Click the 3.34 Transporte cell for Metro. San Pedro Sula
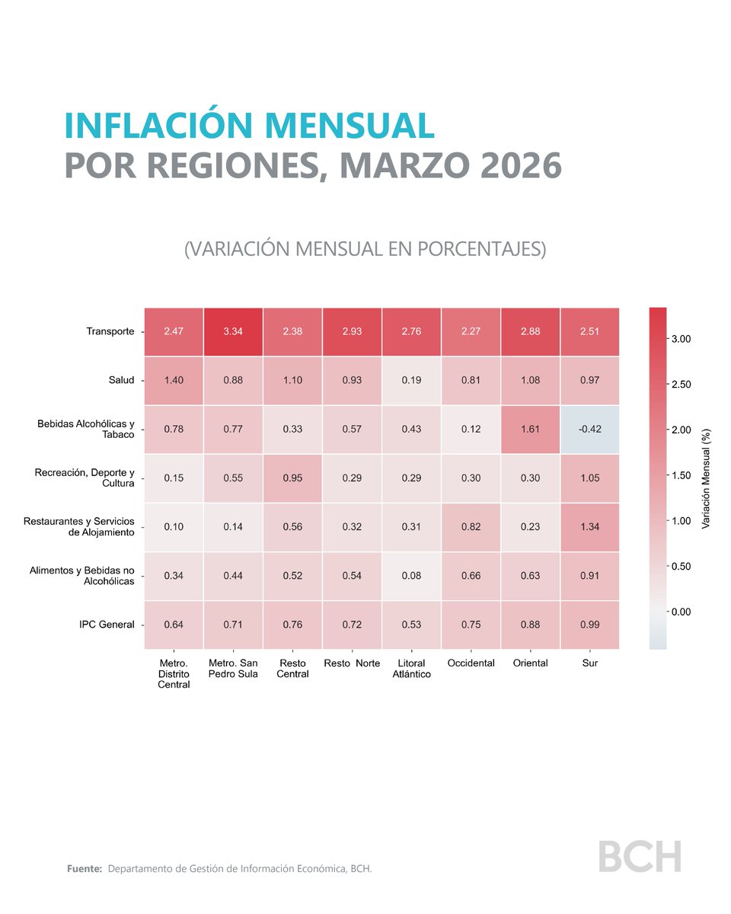click(234, 332)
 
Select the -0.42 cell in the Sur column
click(590, 430)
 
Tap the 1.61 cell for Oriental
click(530, 430)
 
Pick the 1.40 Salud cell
click(174, 381)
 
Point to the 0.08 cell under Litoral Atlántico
click(411, 576)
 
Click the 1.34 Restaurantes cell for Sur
click(590, 527)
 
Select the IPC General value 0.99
click(590, 625)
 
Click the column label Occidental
click(471, 663)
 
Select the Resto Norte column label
click(352, 663)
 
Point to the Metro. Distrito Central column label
click(174, 673)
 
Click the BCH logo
click(639, 856)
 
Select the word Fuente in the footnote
click(84, 869)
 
